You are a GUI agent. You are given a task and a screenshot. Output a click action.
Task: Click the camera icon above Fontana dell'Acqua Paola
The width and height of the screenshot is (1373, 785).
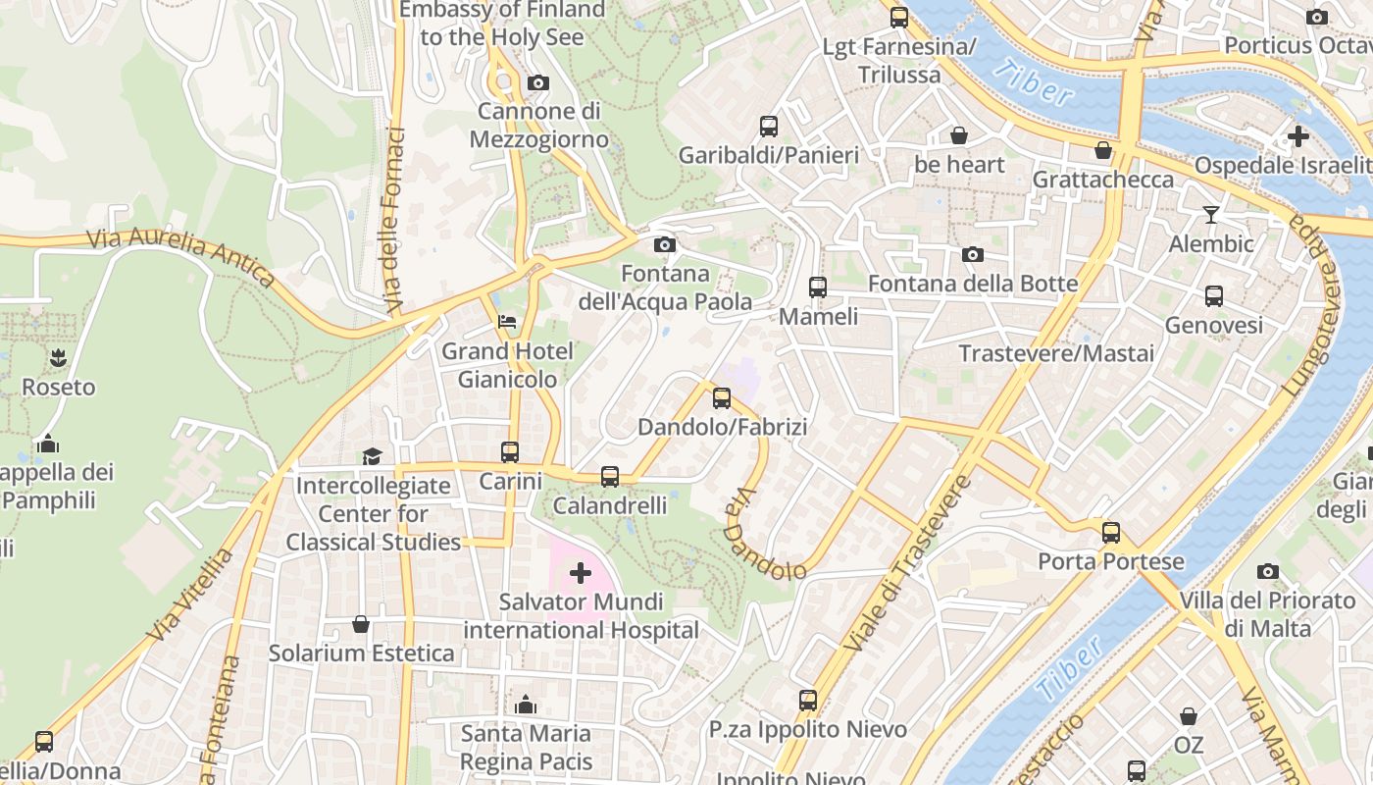tap(664, 244)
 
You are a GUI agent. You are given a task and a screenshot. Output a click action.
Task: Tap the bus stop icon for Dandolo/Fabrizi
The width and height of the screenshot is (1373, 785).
tap(722, 397)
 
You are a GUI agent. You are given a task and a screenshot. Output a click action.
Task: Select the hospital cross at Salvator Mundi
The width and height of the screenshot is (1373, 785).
tap(581, 572)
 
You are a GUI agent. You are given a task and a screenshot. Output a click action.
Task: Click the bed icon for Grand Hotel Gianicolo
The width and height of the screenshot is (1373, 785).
tap(507, 321)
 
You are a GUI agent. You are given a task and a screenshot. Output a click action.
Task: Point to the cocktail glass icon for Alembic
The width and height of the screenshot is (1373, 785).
tap(1211, 214)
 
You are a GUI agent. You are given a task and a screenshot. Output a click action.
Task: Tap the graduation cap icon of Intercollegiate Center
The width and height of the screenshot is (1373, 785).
tap(372, 455)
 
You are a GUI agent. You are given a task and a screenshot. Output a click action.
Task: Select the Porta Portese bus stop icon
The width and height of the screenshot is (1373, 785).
tap(1110, 532)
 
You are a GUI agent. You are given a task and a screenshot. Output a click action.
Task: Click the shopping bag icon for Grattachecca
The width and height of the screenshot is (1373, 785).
tap(1103, 150)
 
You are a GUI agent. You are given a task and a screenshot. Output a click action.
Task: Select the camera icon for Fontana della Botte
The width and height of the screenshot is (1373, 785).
tap(972, 254)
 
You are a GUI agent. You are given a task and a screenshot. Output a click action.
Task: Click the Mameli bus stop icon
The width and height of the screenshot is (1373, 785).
tap(817, 287)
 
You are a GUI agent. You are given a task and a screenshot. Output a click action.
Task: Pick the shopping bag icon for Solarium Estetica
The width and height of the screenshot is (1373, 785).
tap(361, 624)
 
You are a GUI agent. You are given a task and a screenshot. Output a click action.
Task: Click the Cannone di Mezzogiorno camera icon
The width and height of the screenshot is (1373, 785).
tap(537, 83)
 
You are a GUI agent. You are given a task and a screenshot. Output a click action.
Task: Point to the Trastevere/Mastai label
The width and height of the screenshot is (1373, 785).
tap(1056, 353)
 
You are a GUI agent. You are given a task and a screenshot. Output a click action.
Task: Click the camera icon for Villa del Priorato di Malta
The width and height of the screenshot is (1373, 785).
tap(1267, 571)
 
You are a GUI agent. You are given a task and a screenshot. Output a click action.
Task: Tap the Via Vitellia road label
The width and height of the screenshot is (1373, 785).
tap(191, 596)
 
